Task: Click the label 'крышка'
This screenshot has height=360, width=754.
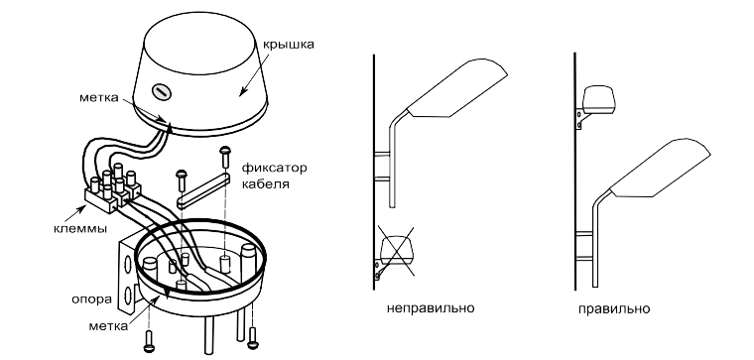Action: pos(288,45)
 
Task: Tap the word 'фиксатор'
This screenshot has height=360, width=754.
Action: pos(274,169)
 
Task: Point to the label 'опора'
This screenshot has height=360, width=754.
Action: pos(91,299)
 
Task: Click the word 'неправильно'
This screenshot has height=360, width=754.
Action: pos(431,307)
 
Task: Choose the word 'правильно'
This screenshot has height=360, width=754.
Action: pos(614,308)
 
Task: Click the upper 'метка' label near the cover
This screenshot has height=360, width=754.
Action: pos(98,97)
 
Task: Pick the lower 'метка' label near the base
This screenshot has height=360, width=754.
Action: pos(108,326)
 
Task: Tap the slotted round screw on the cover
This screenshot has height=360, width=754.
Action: pos(160,91)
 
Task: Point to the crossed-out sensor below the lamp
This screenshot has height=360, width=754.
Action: pos(397,251)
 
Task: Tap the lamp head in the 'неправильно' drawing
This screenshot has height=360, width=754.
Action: pos(457,89)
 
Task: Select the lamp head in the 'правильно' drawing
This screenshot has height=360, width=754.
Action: pos(660,168)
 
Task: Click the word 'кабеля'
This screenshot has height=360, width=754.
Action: pos(266,184)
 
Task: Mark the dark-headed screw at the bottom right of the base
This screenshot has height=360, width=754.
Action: pos(252,338)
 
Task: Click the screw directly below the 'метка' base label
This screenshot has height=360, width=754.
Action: pos(149,341)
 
